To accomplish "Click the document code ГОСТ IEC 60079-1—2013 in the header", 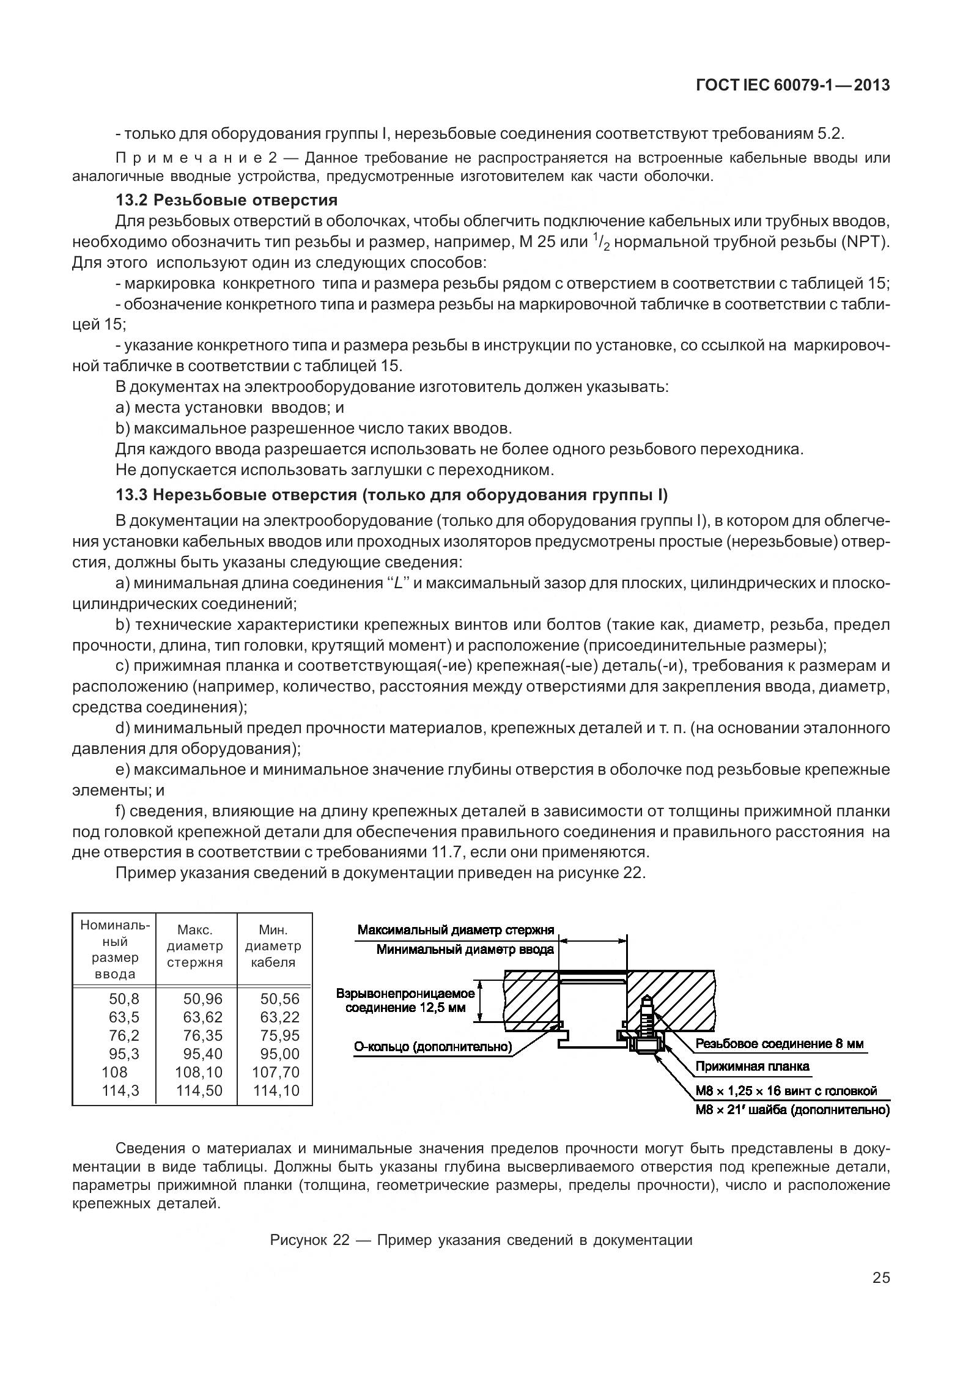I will [792, 86].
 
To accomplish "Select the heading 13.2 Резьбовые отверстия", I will [226, 200].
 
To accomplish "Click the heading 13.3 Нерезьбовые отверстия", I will [391, 494].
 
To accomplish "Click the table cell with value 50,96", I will [203, 999].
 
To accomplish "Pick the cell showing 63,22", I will [280, 1017].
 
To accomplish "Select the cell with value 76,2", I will [124, 1035].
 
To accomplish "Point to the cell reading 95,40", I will [203, 1054].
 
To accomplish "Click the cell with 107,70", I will [276, 1072].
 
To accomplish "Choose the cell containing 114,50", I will [199, 1090].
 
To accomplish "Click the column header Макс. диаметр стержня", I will [195, 946].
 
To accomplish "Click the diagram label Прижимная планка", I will [752, 1066].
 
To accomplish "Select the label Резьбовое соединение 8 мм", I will [779, 1044].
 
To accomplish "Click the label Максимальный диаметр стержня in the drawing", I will [456, 930].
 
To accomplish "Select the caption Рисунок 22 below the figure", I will [481, 1240].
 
